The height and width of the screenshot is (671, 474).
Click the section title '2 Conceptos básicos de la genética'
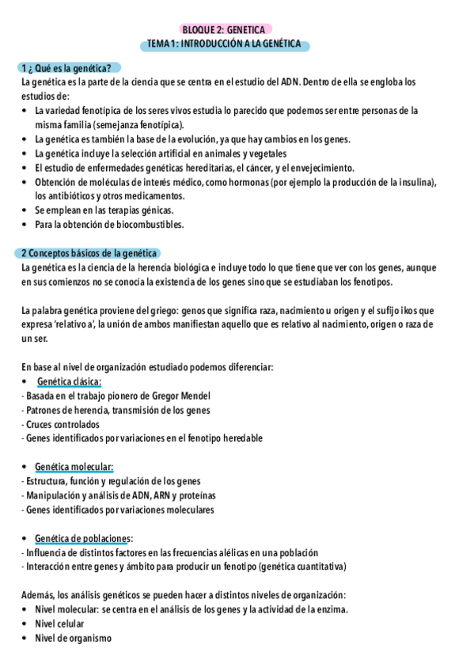coord(89,253)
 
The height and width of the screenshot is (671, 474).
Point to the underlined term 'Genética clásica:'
coord(69,381)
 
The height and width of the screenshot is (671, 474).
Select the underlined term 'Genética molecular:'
coord(74,467)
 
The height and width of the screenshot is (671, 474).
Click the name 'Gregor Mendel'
coord(182,396)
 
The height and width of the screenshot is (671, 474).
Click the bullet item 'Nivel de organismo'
coord(73,638)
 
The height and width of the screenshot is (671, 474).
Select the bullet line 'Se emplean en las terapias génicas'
coord(103,210)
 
